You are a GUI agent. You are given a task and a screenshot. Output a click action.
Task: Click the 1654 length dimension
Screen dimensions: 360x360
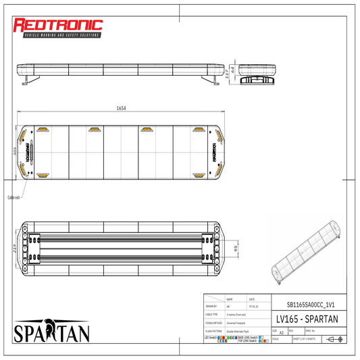pos(121,107)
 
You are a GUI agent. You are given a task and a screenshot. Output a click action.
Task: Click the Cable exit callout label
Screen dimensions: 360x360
pos(14,197)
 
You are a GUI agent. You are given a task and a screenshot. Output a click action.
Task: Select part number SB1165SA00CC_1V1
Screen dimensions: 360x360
pos(307,305)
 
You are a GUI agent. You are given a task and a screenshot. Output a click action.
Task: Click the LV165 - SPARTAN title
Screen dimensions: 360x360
pos(307,318)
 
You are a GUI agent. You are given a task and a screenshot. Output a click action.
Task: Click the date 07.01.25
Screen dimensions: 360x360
pos(252,305)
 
